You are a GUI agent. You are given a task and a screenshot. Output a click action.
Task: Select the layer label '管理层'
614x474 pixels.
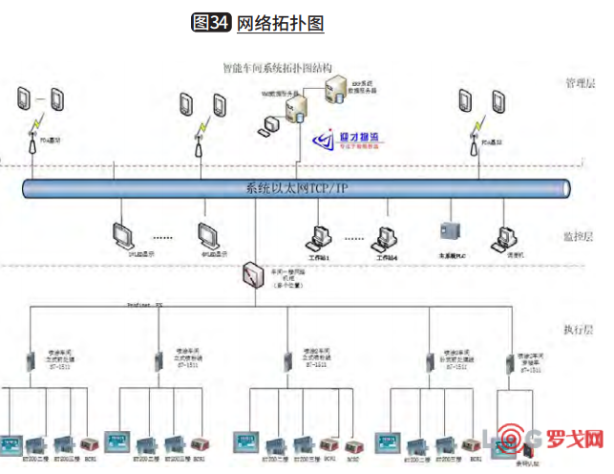pyautogui.click(x=579, y=83)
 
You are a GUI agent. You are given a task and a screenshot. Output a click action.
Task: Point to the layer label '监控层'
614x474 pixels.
pyautogui.click(x=579, y=237)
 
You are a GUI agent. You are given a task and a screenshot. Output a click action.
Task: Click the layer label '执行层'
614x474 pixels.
pyautogui.click(x=579, y=330)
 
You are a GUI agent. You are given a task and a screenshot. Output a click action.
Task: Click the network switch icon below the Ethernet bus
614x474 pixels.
pyautogui.click(x=254, y=271)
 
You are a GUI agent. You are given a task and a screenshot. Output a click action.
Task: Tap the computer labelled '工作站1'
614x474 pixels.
pyautogui.click(x=319, y=236)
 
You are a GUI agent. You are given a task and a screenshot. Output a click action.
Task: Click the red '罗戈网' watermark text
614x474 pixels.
pyautogui.click(x=576, y=442)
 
